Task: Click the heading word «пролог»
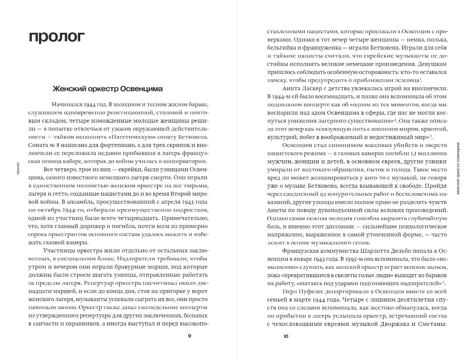56,37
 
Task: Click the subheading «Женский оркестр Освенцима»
108,89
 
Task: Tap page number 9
190,336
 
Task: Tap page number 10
285,336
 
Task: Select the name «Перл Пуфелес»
301,292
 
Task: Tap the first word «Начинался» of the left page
67,105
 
